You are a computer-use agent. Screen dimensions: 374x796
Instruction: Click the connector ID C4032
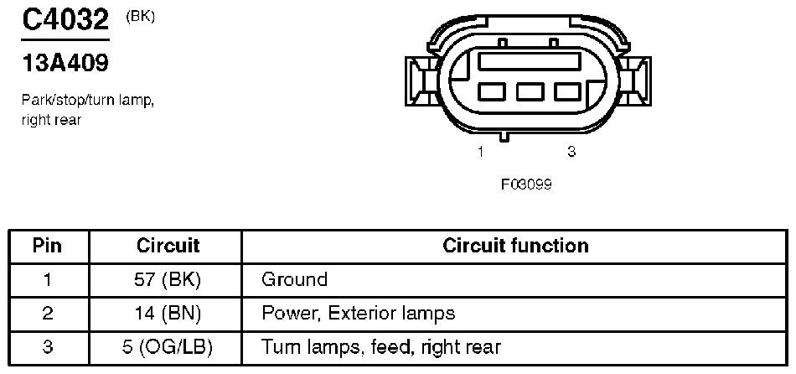[x=65, y=20]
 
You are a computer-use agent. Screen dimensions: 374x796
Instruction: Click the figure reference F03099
[x=526, y=184]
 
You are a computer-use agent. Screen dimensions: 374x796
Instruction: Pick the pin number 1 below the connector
[x=481, y=152]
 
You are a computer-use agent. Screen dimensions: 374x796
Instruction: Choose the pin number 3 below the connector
[x=571, y=152]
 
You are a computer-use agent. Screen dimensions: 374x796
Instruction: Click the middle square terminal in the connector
[x=530, y=91]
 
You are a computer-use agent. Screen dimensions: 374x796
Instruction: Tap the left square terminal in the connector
[x=490, y=91]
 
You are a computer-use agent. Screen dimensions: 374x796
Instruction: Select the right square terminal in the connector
[x=569, y=91]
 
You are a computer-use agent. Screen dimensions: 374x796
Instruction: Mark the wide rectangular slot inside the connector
[x=529, y=60]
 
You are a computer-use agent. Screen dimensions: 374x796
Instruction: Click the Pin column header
[x=48, y=246]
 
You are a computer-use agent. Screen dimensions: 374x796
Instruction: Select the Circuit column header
[x=168, y=246]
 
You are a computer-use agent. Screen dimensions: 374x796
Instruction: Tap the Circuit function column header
[x=515, y=246]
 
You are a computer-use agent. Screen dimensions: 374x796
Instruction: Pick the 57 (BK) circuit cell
[x=168, y=279]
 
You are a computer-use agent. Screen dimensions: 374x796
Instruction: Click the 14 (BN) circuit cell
[x=168, y=314]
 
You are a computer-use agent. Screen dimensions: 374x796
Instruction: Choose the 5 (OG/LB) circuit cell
[x=168, y=347]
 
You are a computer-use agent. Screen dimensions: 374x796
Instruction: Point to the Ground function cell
[x=294, y=279]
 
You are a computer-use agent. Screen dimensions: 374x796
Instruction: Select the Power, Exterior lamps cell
[x=358, y=314]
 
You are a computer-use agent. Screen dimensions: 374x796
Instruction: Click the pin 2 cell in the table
[x=48, y=314]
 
